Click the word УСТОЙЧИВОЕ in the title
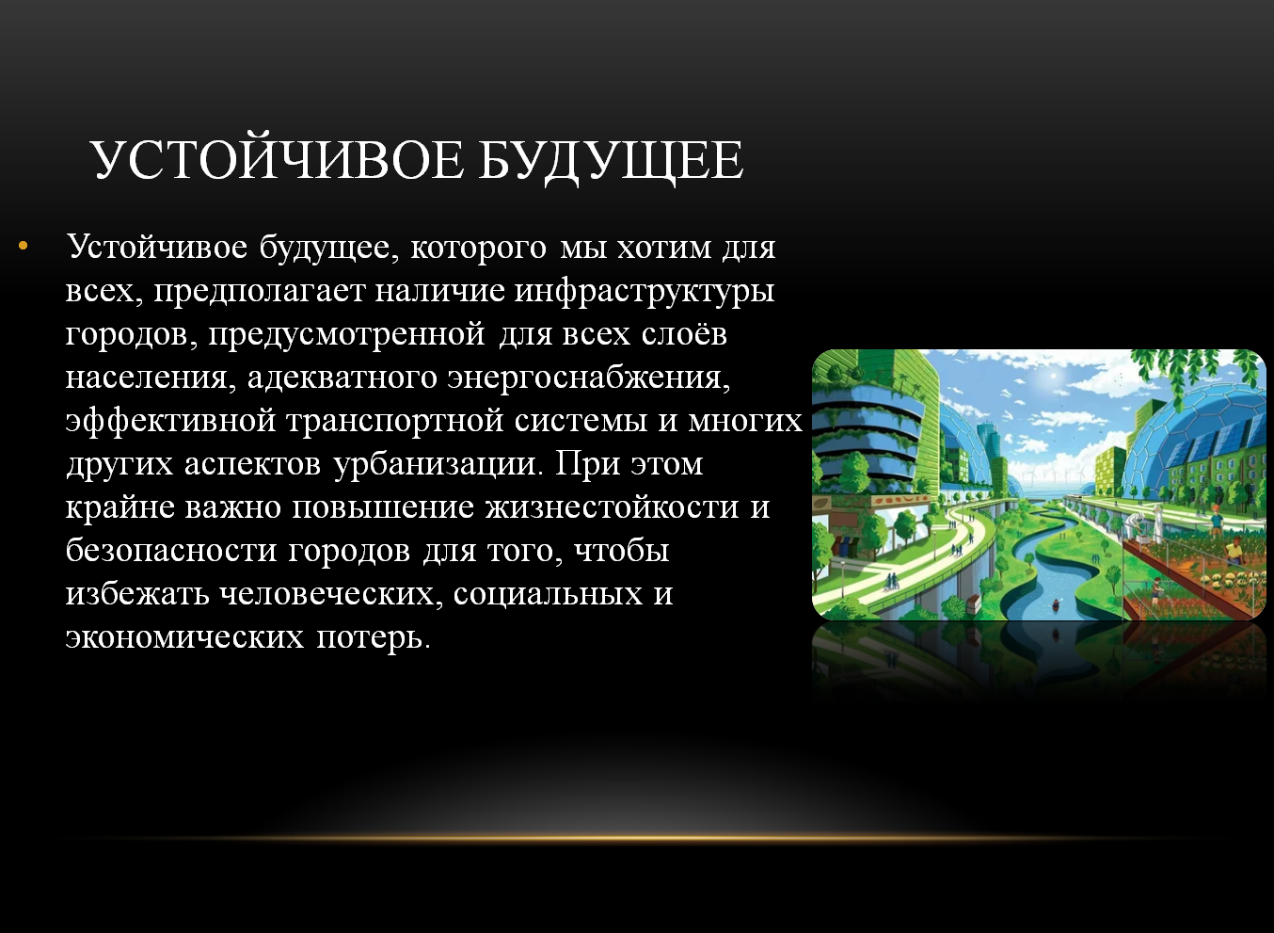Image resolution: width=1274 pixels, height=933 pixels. (277, 160)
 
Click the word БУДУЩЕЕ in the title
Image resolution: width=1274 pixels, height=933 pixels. (611, 162)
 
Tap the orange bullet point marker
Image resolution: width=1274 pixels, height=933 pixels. (23, 246)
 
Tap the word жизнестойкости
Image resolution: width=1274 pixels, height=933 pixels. (612, 507)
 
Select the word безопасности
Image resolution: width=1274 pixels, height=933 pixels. (171, 551)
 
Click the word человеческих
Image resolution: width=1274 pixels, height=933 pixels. (331, 594)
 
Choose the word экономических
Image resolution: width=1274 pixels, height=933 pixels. (184, 637)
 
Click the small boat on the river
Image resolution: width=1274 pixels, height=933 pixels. (1056, 604)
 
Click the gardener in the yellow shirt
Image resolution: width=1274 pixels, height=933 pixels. (1234, 550)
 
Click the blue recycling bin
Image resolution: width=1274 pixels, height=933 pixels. (846, 547)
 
